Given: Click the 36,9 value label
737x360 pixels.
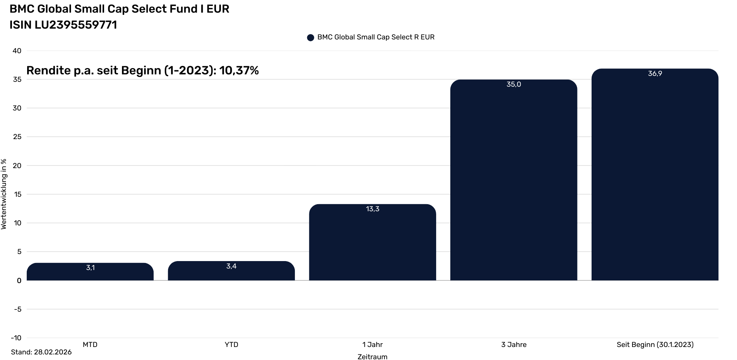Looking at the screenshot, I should click(x=655, y=74).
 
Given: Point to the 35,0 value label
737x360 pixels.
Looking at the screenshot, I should click(x=514, y=84).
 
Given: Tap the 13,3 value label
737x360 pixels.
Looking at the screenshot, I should click(x=372, y=209).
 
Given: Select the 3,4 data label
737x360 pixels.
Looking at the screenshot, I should click(x=231, y=266).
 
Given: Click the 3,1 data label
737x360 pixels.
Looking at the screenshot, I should click(x=90, y=268).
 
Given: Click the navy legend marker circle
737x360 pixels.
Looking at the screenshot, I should click(x=310, y=38).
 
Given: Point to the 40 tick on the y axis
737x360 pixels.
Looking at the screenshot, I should click(x=17, y=51).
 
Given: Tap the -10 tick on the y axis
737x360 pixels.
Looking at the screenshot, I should click(x=16, y=338).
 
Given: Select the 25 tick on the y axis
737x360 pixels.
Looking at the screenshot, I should click(x=17, y=137).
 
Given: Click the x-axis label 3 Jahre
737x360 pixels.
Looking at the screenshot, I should click(x=514, y=345).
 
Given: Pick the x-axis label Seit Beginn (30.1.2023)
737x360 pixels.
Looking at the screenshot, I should click(x=655, y=345).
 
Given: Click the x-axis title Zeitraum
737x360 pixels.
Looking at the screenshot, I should click(x=372, y=357).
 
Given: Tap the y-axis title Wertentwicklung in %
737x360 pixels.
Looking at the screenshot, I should click(x=4, y=194).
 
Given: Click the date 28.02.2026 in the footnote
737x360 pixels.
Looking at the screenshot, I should click(x=53, y=352).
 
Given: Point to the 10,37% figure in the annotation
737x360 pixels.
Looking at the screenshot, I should click(x=239, y=70).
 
